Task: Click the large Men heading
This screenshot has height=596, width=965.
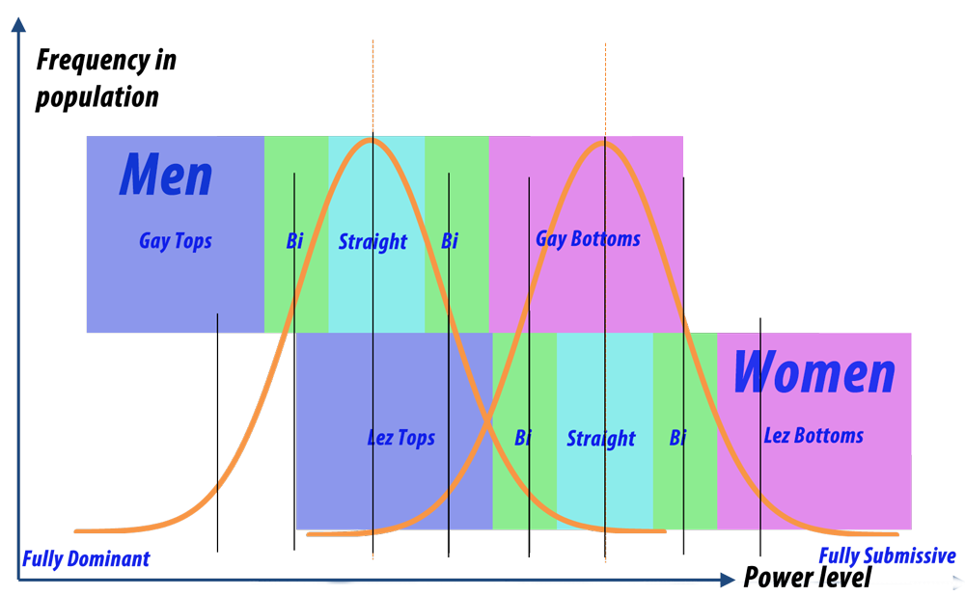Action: [166, 176]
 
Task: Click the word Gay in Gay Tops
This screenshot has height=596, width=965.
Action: [154, 241]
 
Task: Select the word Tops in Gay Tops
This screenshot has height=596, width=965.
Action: [193, 242]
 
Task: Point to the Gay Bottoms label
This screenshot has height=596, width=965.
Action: [588, 239]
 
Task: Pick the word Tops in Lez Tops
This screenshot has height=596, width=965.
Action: [416, 439]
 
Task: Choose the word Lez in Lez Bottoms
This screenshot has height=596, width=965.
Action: [777, 436]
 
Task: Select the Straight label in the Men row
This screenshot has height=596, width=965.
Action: [372, 241]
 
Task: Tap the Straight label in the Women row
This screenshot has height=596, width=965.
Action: [601, 439]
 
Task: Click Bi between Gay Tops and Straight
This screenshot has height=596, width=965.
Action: [294, 241]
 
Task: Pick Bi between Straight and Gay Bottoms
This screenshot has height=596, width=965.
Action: [450, 241]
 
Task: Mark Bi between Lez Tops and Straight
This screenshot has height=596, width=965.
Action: [523, 439]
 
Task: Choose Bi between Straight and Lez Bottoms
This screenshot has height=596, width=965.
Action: [678, 439]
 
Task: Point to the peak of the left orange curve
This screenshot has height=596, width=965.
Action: [372, 141]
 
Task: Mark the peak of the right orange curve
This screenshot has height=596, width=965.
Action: [605, 143]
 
